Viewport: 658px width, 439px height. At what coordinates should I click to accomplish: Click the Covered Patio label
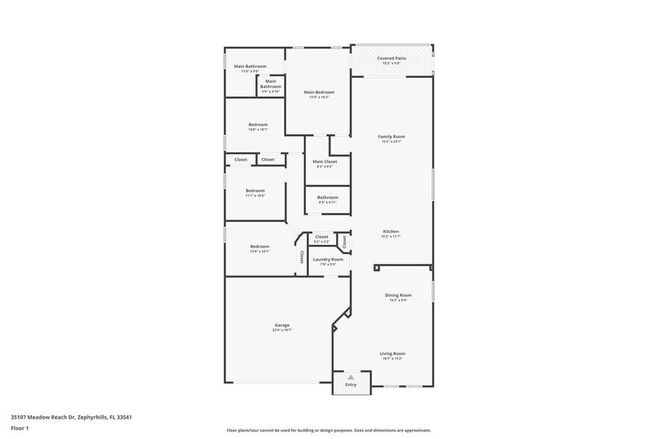click(x=391, y=57)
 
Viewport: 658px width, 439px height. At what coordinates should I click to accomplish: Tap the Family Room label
click(x=391, y=137)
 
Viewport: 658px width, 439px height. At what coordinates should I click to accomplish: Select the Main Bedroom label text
click(x=319, y=92)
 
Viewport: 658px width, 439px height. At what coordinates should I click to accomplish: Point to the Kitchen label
click(x=391, y=231)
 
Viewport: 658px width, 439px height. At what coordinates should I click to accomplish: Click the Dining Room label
click(x=398, y=295)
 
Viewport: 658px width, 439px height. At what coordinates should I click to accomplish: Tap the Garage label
click(x=281, y=325)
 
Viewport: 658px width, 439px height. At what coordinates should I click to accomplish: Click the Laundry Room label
click(x=328, y=259)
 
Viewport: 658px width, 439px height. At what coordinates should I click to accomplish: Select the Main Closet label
click(x=325, y=161)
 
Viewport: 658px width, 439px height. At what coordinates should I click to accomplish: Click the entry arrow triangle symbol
click(x=350, y=377)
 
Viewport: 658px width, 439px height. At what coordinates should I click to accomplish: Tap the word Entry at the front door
click(x=350, y=384)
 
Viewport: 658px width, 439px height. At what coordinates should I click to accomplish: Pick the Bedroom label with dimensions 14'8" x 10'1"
click(x=257, y=125)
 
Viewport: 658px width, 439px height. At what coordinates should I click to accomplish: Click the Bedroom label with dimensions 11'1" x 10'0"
click(x=255, y=190)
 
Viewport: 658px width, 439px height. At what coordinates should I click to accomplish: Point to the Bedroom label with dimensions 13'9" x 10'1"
click(x=259, y=246)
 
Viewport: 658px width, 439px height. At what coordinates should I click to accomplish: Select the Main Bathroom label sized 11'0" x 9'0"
click(x=250, y=66)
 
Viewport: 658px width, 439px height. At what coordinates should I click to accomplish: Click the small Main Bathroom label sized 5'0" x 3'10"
click(x=270, y=84)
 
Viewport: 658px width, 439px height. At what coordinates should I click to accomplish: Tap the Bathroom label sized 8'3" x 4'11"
click(x=328, y=197)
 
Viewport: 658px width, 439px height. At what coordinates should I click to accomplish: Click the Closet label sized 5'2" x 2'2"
click(x=322, y=237)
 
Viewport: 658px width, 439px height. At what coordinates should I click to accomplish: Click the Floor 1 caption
click(x=19, y=428)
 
